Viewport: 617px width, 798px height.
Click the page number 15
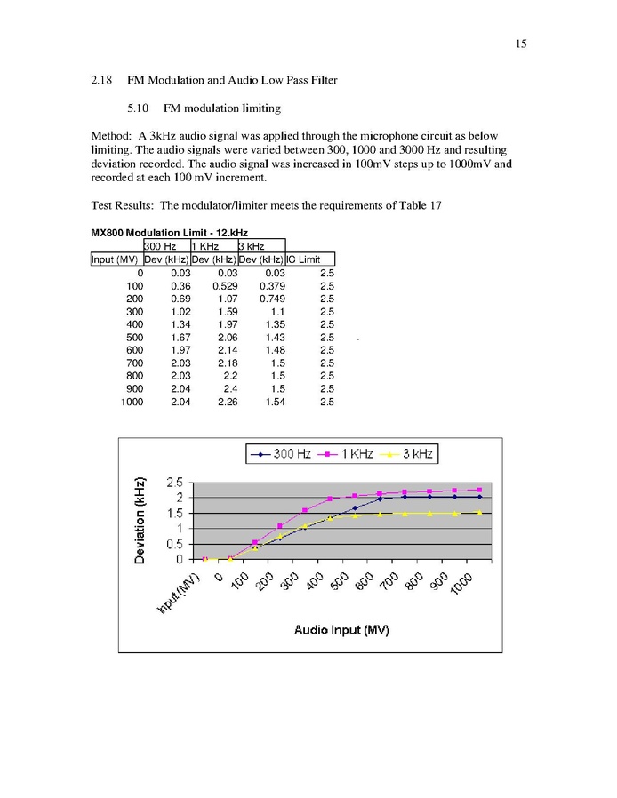[x=520, y=44]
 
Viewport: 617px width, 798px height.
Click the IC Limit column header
[x=304, y=259]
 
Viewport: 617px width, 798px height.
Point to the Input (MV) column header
[x=115, y=259]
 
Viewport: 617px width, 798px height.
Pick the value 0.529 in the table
[x=224, y=286]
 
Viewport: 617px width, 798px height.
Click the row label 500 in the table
[x=134, y=338]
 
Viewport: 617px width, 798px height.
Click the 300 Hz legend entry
[x=284, y=454]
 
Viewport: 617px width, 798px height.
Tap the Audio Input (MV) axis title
[x=341, y=630]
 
